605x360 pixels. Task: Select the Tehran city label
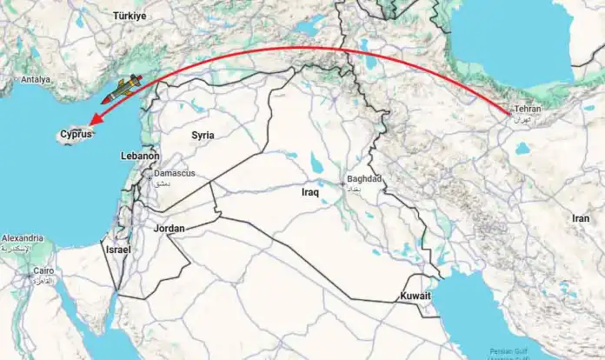(x=529, y=109)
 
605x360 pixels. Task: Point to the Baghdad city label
(x=364, y=178)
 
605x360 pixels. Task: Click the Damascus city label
(x=175, y=174)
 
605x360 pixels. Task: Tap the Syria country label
(x=203, y=135)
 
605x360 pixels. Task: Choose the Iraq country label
(x=311, y=191)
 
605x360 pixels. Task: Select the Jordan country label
(x=169, y=229)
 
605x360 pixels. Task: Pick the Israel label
(x=117, y=250)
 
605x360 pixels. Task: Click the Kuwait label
(x=415, y=297)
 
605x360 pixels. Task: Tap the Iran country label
(x=582, y=218)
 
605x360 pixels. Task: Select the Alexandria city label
(x=23, y=238)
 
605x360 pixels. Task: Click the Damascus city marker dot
(x=149, y=177)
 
